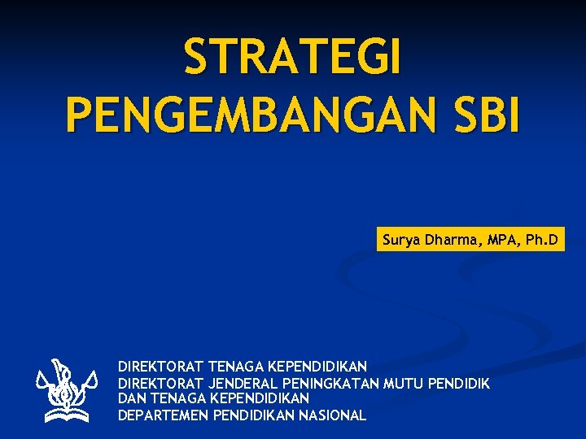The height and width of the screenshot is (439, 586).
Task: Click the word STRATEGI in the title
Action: [x=292, y=59]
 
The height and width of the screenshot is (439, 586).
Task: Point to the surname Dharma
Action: [x=450, y=241]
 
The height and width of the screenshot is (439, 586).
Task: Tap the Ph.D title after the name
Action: [x=542, y=241]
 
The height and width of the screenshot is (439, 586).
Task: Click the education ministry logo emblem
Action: [x=67, y=390]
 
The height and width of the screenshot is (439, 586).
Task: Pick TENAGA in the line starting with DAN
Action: [x=177, y=399]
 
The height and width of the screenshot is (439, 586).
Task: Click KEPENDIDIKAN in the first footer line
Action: [x=317, y=367]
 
